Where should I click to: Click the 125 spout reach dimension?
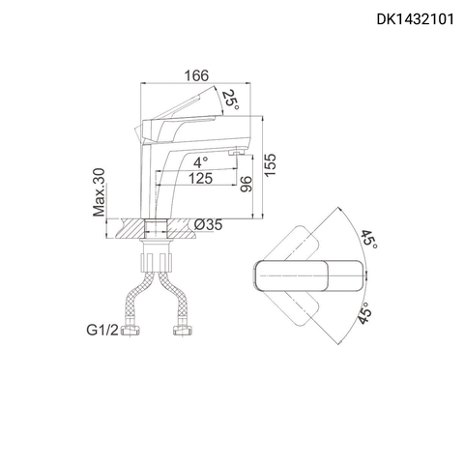click(x=201, y=179)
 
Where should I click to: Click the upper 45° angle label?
click(x=368, y=238)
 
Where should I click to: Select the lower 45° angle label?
click(x=368, y=314)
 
